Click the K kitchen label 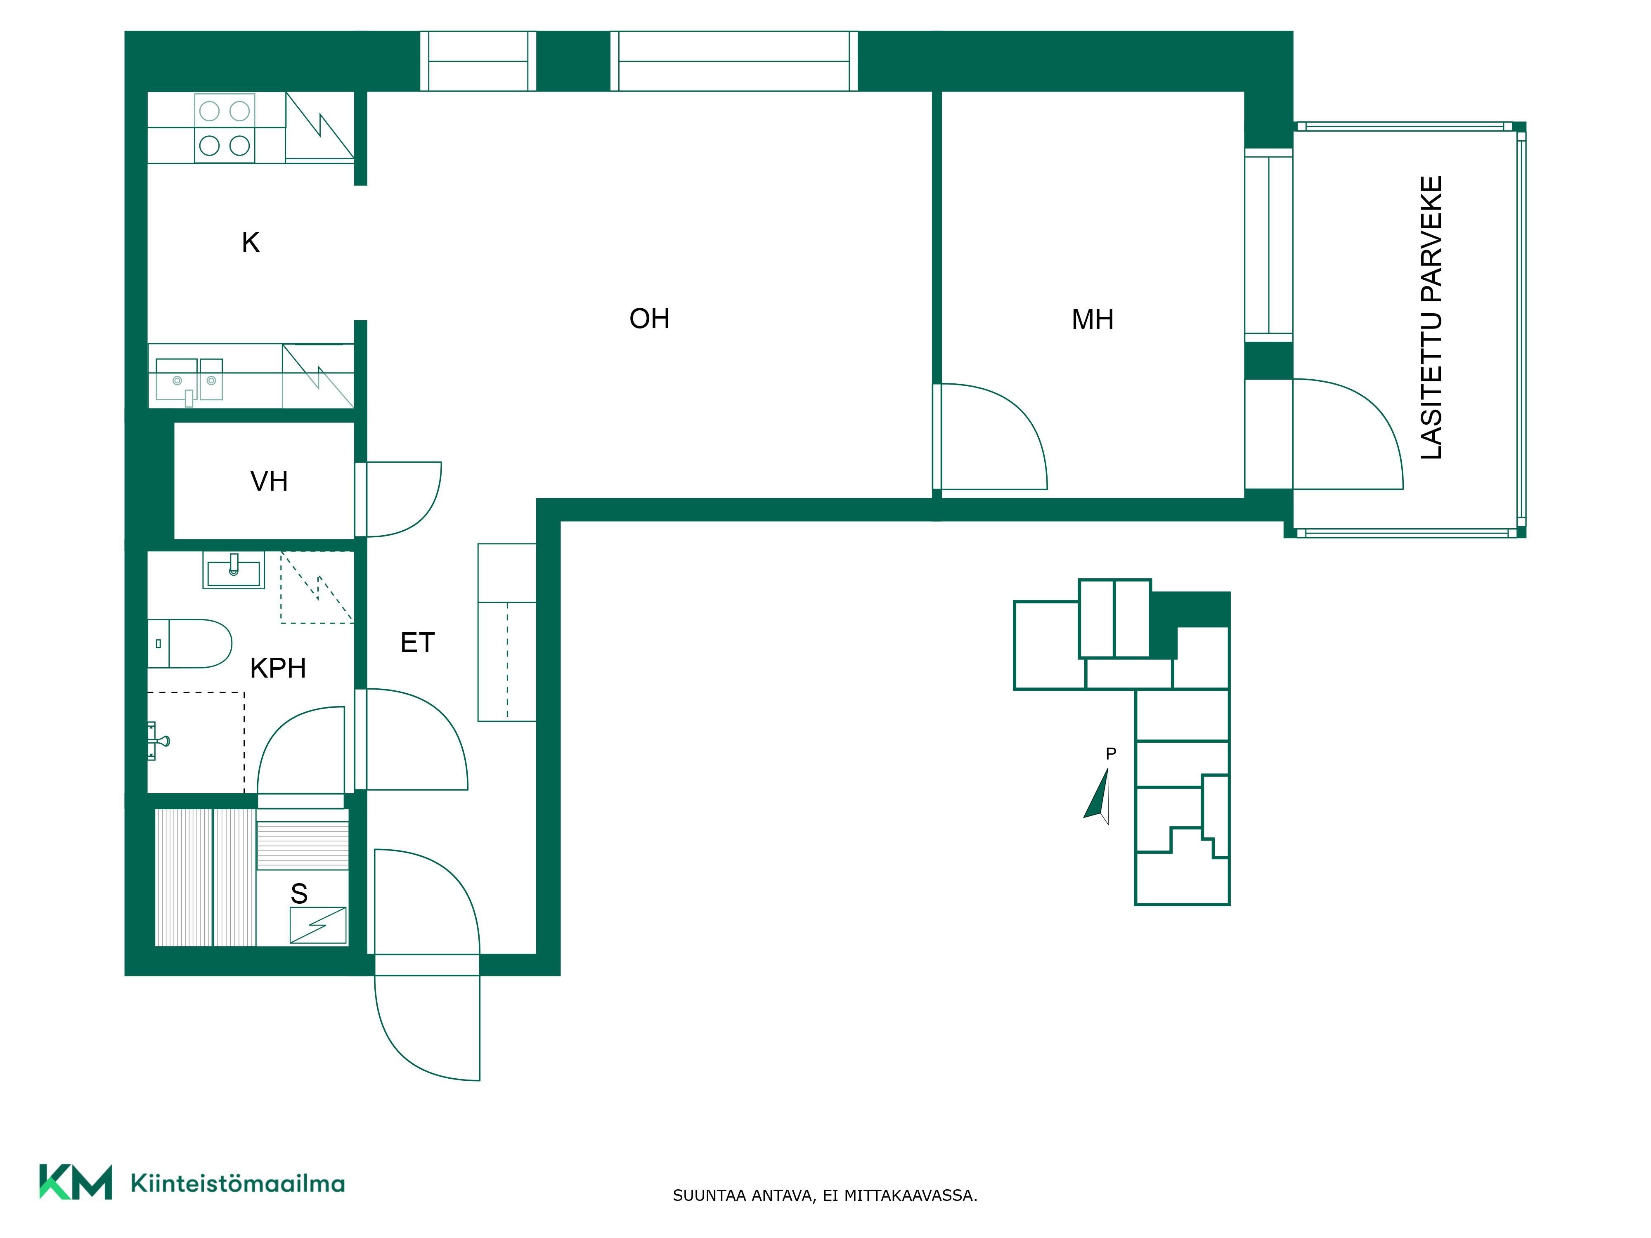[251, 243]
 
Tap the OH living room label [649, 319]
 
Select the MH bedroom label [1093, 319]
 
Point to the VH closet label [269, 481]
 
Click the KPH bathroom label [278, 668]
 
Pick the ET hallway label [417, 643]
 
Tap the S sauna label [299, 893]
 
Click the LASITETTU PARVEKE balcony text [1431, 318]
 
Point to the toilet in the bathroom [189, 643]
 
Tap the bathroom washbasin [234, 571]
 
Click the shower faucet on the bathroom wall [158, 741]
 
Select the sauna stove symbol [318, 925]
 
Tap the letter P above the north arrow [1111, 754]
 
